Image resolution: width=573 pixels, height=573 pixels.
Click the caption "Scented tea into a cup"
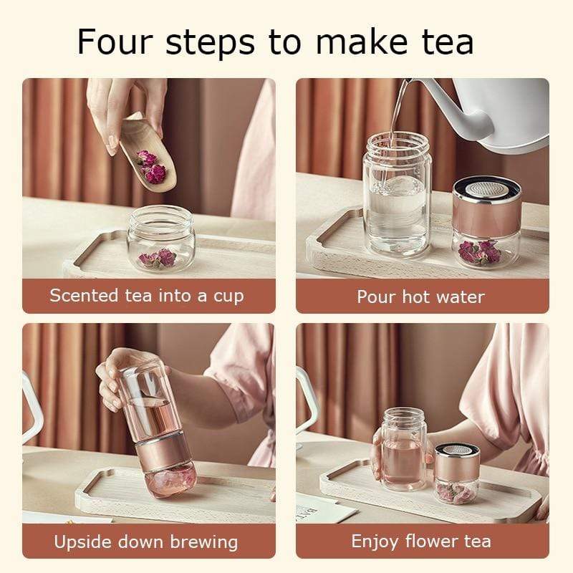147,296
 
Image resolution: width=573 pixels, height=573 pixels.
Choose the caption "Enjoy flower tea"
421,541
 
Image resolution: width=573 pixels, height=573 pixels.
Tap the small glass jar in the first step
161,240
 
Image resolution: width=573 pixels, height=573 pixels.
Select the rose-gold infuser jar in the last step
457,473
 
